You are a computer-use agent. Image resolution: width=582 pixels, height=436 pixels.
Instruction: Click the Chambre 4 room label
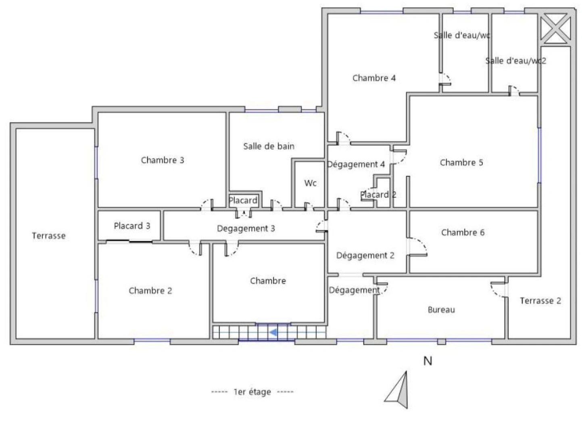(374, 78)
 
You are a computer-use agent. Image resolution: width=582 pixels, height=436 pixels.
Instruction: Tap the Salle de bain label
(269, 146)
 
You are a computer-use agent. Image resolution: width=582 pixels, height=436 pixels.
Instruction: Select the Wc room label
(310, 183)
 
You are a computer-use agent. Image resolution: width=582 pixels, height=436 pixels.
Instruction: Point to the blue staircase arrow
(273, 332)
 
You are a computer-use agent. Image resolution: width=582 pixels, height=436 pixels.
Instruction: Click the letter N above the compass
(428, 361)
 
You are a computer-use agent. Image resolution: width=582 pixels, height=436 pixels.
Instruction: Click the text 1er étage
(252, 392)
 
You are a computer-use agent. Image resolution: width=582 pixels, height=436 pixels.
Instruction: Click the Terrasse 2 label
(540, 301)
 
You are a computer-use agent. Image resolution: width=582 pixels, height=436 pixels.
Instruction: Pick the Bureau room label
(441, 310)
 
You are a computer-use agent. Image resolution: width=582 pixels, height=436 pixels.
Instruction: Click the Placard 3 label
(132, 226)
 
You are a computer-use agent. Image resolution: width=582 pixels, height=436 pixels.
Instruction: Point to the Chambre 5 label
(461, 163)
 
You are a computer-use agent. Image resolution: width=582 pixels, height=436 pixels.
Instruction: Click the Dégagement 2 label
(365, 256)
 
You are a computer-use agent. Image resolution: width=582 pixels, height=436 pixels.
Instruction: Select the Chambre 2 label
(150, 291)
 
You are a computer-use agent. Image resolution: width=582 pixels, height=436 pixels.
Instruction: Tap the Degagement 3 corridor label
(246, 228)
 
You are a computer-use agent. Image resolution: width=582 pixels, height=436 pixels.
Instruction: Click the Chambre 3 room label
(162, 160)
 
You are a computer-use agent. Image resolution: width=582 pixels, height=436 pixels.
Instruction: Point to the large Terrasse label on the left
(48, 236)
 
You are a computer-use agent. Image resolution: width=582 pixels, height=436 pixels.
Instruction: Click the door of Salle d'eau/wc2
(513, 90)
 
